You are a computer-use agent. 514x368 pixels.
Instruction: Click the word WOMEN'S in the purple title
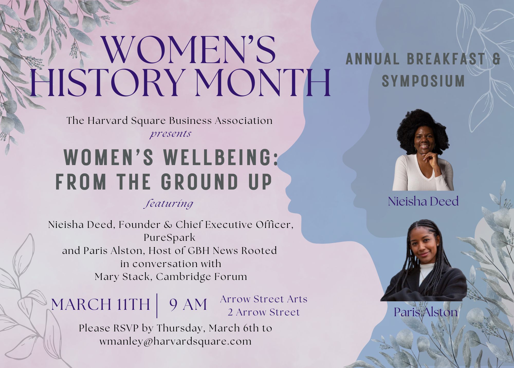189,50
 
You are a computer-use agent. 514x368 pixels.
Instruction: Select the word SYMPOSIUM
423,81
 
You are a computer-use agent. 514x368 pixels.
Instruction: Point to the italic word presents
171,134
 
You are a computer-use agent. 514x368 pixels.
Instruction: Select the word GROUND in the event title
199,182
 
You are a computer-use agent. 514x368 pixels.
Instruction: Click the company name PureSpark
170,237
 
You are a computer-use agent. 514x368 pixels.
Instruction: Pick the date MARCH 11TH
100,305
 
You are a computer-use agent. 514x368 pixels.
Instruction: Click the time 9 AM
188,305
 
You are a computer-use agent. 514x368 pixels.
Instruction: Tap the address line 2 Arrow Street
264,312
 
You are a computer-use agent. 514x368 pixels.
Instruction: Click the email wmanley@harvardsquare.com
176,341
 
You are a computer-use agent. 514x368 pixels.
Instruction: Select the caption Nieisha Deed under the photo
423,201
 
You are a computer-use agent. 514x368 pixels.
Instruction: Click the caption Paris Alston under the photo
426,312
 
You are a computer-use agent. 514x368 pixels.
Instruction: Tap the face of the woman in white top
423,141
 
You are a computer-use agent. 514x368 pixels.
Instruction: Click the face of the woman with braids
424,247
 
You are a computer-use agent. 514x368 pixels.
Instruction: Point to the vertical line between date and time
157,305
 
